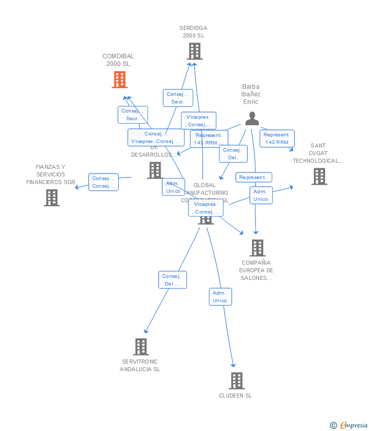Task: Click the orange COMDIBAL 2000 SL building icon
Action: [x=120, y=80]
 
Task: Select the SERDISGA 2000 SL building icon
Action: [x=194, y=51]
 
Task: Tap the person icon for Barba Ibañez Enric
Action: [x=252, y=119]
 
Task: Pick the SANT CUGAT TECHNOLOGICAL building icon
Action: [x=319, y=176]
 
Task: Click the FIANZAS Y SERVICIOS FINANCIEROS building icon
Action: [x=52, y=198]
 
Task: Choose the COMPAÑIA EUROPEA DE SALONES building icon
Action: [x=257, y=248]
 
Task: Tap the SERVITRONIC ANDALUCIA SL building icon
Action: [x=141, y=347]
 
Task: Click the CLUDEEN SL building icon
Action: [x=236, y=381]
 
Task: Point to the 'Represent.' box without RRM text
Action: [x=253, y=177]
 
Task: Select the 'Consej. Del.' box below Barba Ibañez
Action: [x=233, y=154]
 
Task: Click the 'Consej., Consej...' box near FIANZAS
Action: [x=103, y=182]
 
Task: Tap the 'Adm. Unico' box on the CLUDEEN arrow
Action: [x=220, y=297]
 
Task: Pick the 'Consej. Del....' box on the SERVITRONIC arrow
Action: [x=172, y=280]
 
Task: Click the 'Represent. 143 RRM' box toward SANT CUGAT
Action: [x=277, y=138]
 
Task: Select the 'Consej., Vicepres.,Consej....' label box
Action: [x=156, y=137]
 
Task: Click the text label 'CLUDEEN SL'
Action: [x=235, y=396]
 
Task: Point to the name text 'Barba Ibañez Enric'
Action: [x=251, y=94]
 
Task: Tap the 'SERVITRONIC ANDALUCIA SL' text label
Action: [x=140, y=365]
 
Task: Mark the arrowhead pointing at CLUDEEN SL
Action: [x=234, y=365]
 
